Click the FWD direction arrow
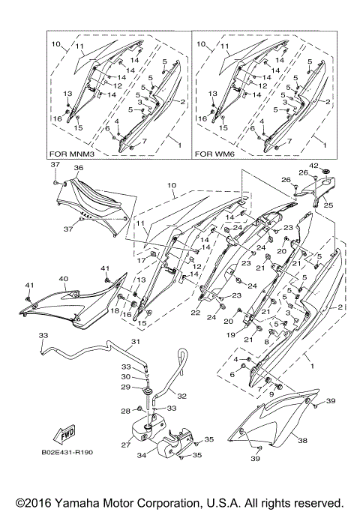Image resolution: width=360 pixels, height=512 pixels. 64,433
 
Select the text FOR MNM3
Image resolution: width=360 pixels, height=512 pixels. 72,154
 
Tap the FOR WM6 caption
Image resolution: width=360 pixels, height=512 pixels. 213,154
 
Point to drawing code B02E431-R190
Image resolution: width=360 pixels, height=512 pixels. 67,452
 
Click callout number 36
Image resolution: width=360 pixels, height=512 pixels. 79,168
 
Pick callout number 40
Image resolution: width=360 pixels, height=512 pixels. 64,279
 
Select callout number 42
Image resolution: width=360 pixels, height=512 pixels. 313,166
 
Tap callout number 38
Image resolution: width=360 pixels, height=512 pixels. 303,441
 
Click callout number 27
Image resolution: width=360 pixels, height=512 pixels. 126,445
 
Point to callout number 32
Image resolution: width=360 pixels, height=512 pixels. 182,396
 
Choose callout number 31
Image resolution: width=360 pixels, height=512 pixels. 136,342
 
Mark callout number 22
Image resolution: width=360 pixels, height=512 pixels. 196,313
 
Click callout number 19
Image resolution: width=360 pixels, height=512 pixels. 231,334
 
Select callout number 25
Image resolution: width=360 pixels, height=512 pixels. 328,205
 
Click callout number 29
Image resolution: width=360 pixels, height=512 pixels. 126,387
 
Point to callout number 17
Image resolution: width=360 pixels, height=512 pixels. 141,261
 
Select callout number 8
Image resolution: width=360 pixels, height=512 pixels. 266,342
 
